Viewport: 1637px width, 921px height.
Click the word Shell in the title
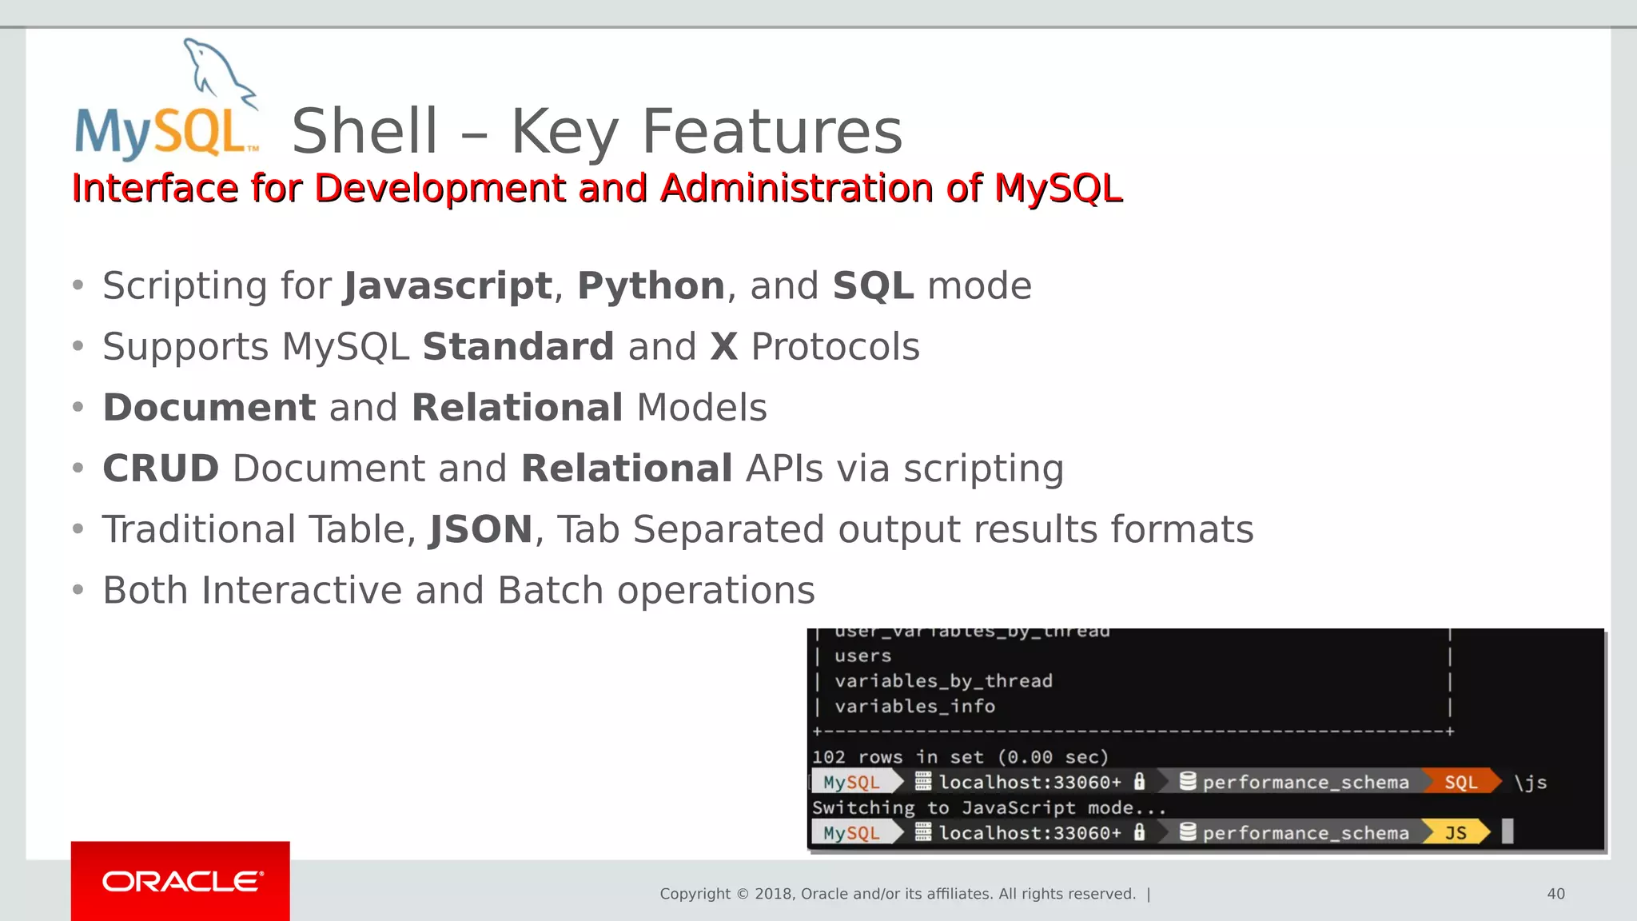(x=364, y=132)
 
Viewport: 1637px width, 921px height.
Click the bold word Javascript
(x=448, y=286)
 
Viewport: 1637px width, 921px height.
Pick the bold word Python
(x=651, y=286)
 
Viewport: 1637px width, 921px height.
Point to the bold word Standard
(x=518, y=347)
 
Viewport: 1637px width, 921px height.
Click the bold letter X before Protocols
(x=723, y=347)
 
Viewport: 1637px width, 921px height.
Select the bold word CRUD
(x=161, y=468)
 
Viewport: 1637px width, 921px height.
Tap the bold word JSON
(x=481, y=529)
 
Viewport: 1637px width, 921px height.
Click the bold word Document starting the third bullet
(x=209, y=408)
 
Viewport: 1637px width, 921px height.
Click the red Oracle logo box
(x=181, y=881)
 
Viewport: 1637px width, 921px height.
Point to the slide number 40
(x=1555, y=894)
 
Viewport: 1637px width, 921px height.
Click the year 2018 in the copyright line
(x=772, y=894)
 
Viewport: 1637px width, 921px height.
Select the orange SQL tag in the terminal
(x=1460, y=783)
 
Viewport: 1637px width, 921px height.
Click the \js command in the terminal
(x=1531, y=783)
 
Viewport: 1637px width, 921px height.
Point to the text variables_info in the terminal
(x=914, y=707)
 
